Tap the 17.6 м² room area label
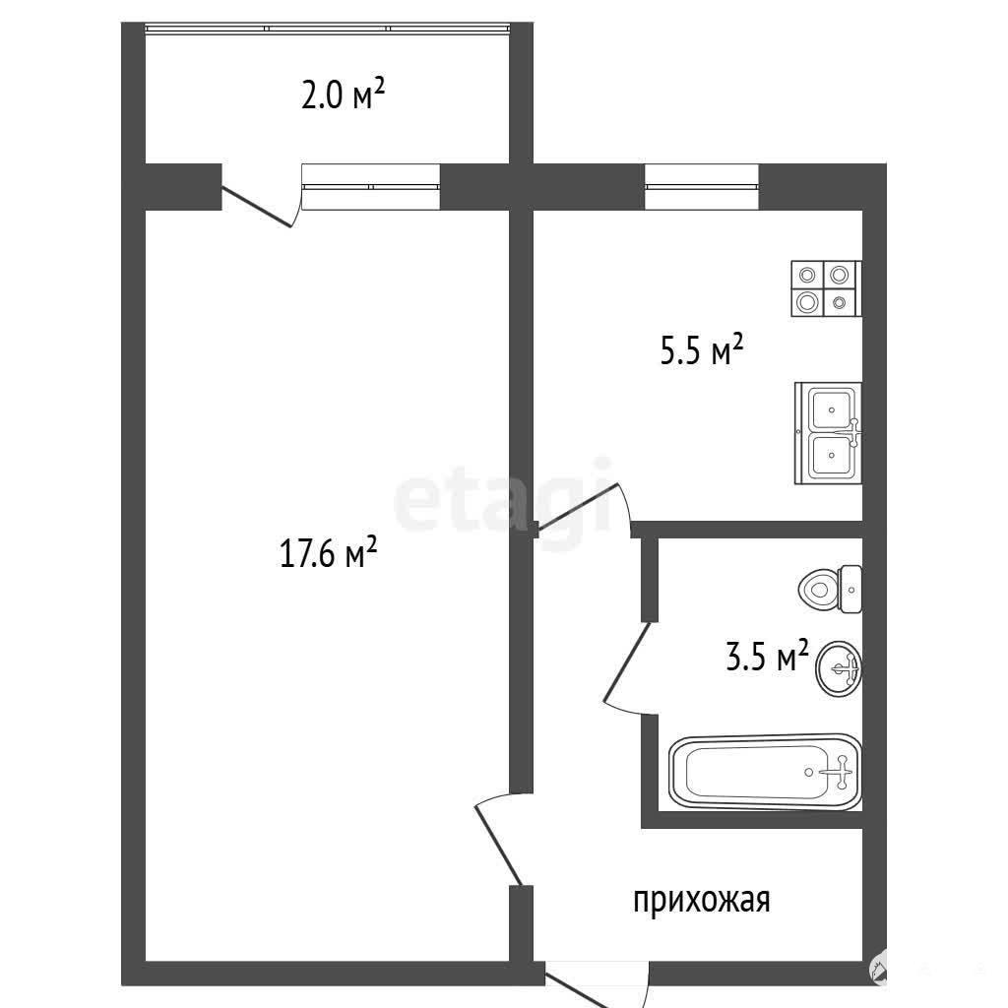pos(328,553)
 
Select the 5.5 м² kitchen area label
pos(701,349)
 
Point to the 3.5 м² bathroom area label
pos(767,656)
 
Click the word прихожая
pos(701,900)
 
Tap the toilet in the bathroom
pos(830,589)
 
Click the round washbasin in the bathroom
pos(839,668)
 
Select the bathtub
pos(765,772)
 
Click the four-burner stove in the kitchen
pos(826,288)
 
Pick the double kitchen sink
pos(829,433)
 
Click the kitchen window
pos(701,187)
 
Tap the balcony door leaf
pos(257,207)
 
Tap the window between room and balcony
pos(371,187)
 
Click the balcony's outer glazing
pos(328,29)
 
